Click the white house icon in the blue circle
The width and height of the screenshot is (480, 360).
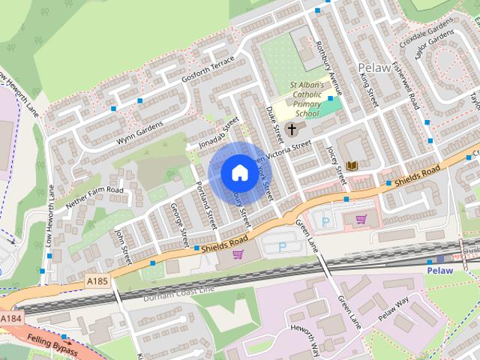click(238, 172)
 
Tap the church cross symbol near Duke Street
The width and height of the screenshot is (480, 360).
click(292, 129)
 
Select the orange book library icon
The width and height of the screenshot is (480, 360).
click(352, 165)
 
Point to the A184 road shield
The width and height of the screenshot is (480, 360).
click(10, 319)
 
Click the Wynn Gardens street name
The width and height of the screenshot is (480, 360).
click(139, 133)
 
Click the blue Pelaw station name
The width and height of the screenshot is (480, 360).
click(440, 270)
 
